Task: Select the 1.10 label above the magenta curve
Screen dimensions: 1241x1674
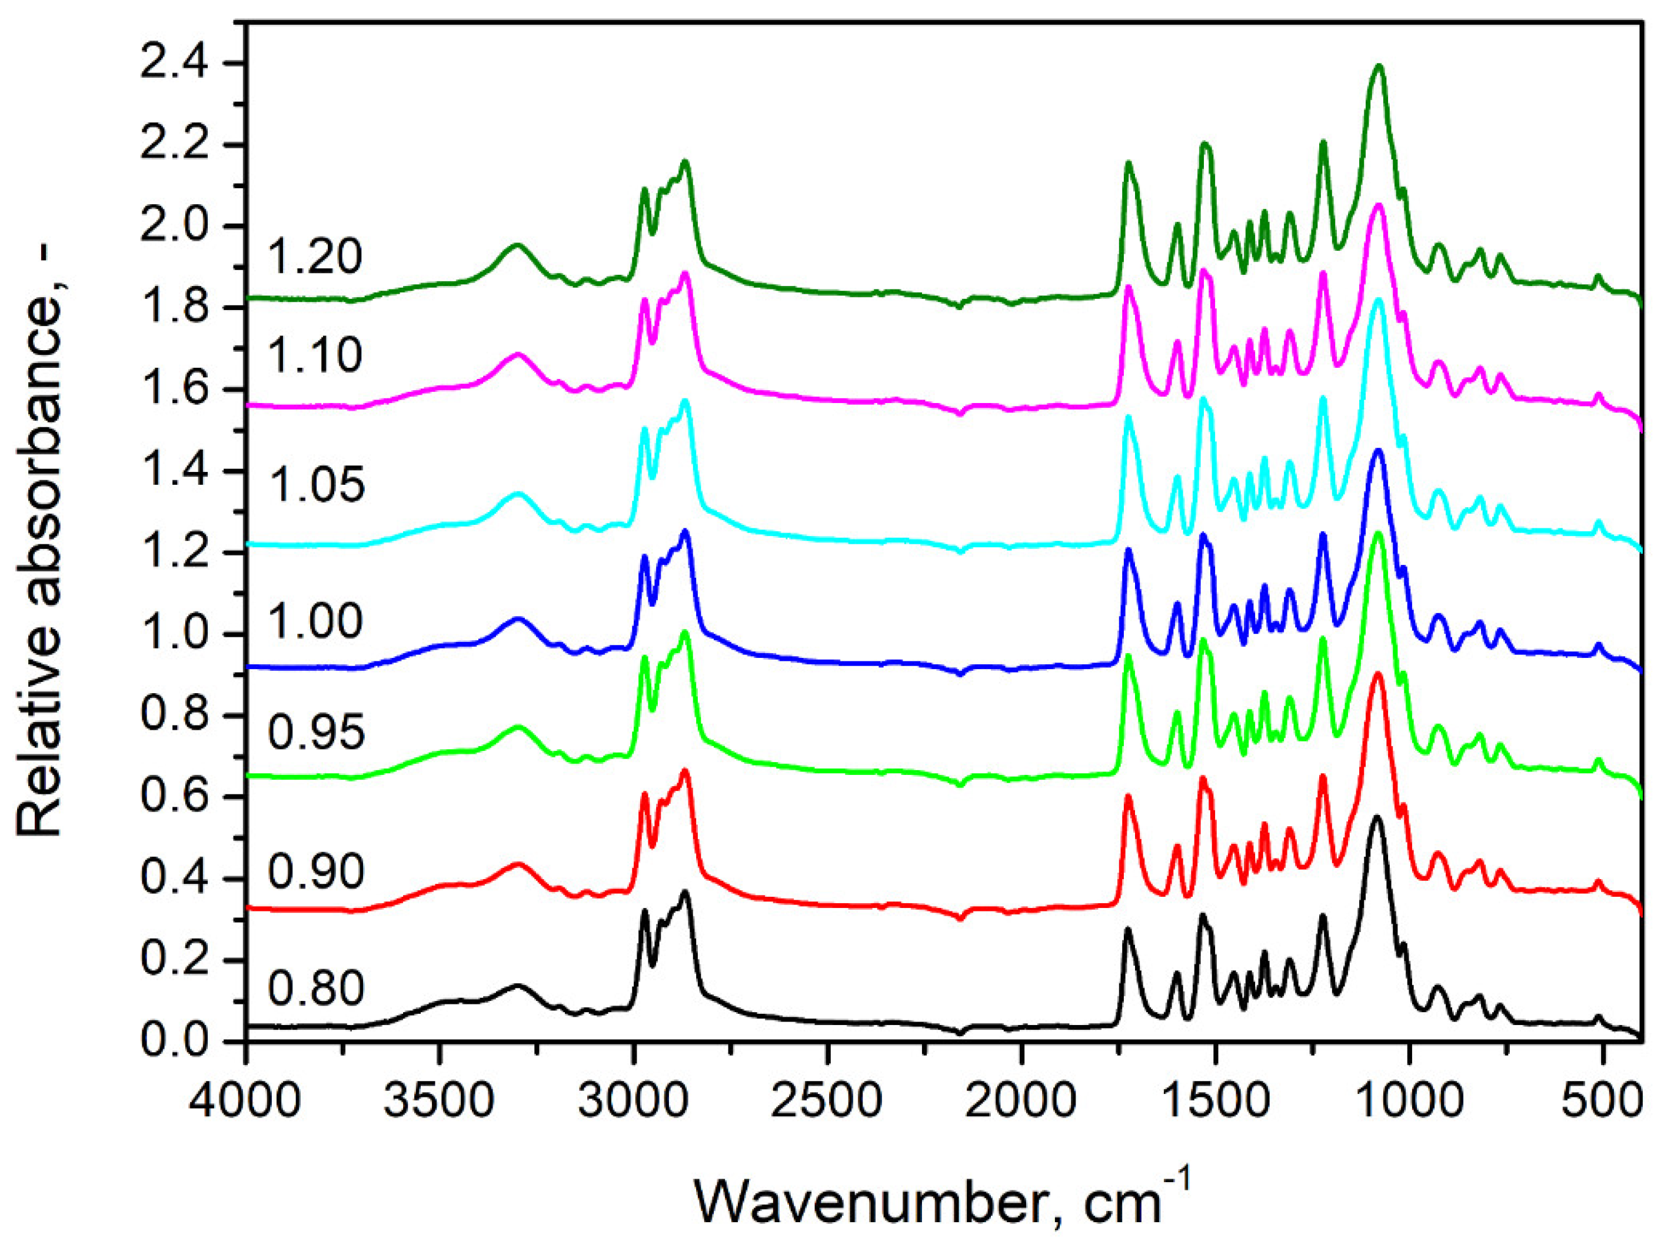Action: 315,355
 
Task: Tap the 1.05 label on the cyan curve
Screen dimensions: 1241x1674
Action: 317,484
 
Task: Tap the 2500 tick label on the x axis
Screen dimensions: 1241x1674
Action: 827,1102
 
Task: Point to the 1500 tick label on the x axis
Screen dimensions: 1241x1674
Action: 1214,1102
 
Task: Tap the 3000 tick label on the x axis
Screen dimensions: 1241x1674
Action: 634,1102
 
